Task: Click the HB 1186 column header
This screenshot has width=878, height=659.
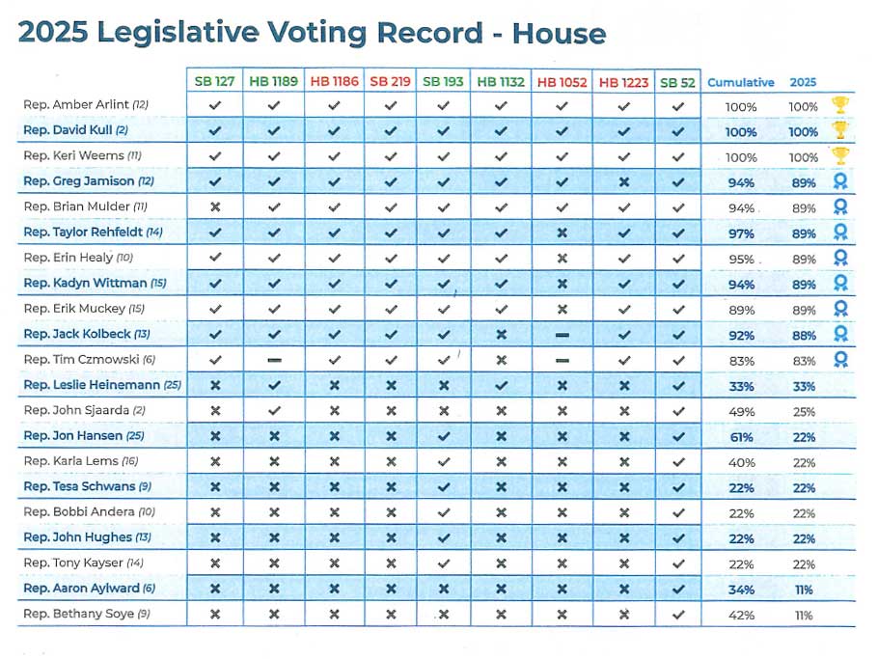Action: tap(334, 82)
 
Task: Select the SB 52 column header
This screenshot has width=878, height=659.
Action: tap(677, 82)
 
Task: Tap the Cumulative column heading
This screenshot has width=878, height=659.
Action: tap(740, 82)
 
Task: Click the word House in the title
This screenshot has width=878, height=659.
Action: tap(559, 33)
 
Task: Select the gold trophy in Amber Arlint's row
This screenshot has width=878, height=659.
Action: tap(840, 105)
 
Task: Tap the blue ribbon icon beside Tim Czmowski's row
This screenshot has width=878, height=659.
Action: tap(840, 360)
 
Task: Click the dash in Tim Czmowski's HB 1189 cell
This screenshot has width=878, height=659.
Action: tap(274, 360)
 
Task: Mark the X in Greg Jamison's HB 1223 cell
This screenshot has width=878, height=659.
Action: tap(624, 182)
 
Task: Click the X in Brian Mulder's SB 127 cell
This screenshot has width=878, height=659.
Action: tap(215, 207)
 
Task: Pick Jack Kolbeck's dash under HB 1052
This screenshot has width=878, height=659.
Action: tap(562, 335)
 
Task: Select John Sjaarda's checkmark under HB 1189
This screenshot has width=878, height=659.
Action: tap(274, 410)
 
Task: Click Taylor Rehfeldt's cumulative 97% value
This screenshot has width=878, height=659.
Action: tap(741, 233)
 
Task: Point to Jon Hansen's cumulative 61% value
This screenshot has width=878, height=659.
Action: tap(741, 437)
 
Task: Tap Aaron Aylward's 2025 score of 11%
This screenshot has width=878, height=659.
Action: tap(804, 590)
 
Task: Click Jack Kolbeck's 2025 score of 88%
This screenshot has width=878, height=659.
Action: tap(804, 336)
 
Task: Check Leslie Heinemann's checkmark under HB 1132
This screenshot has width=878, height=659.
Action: tap(501, 385)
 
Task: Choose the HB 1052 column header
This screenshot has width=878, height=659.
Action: tap(562, 82)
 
